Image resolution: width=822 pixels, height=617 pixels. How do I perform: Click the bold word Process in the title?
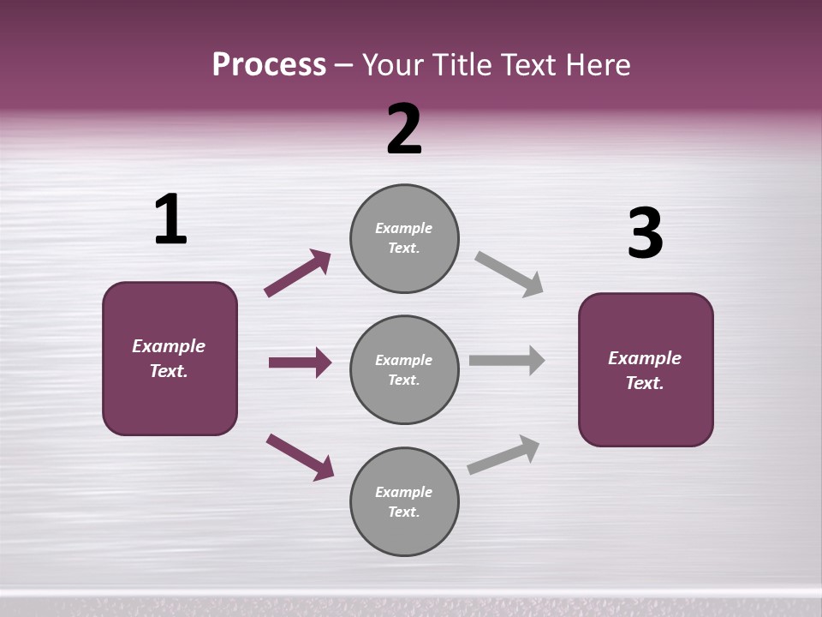(269, 65)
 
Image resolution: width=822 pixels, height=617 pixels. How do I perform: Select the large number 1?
(170, 219)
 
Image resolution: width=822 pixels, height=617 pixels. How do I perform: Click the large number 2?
(404, 129)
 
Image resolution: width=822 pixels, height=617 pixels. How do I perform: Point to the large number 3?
(645, 235)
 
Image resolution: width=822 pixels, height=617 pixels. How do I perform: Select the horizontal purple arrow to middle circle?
(300, 362)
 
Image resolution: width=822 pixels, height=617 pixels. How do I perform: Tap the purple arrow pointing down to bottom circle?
(300, 457)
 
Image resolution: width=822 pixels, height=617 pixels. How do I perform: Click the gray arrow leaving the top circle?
(509, 273)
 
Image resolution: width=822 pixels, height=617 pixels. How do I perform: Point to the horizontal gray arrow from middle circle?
(507, 361)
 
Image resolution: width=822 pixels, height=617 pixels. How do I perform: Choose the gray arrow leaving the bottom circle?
(503, 455)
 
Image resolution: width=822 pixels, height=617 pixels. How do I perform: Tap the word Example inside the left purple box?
(169, 346)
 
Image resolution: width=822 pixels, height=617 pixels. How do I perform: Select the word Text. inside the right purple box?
(645, 383)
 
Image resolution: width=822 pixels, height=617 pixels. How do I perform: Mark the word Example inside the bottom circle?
(404, 492)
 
